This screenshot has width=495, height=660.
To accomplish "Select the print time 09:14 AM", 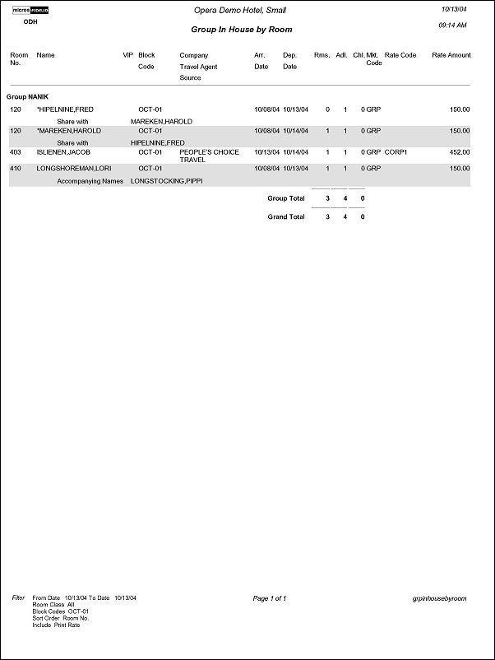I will click(x=454, y=26).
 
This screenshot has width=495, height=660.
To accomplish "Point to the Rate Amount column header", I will click(x=451, y=55).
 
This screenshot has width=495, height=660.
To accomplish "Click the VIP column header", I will click(x=127, y=55).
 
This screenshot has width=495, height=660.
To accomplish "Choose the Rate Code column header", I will click(x=400, y=55).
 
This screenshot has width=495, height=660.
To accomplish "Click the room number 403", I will click(x=16, y=152).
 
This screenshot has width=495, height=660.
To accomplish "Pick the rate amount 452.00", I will click(x=460, y=152).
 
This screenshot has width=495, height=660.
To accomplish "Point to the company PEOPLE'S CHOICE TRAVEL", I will click(x=210, y=156).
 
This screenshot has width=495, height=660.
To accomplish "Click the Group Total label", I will click(x=286, y=198).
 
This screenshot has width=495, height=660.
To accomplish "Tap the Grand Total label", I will click(x=286, y=216).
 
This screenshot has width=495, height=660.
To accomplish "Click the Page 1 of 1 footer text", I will click(x=271, y=598).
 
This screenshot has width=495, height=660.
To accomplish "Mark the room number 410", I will click(x=16, y=168).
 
